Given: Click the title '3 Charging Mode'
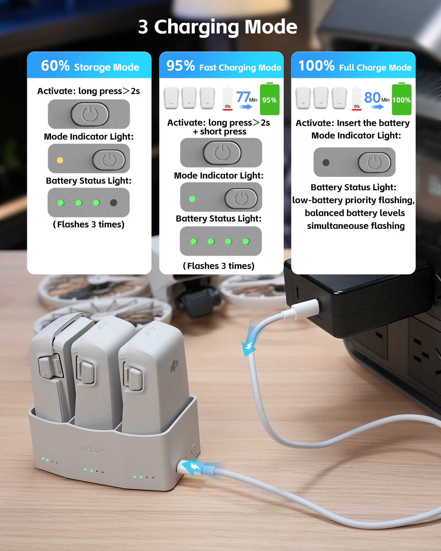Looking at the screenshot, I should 218,27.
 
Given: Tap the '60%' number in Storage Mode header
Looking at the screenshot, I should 55,66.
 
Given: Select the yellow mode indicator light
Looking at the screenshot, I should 60,160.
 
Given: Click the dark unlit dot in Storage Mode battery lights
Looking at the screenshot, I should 114,202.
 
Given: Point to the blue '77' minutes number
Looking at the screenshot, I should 243,97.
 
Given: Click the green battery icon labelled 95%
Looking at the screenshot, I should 269,100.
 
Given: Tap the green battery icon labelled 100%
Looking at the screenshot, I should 401,100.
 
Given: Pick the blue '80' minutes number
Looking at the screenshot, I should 372,97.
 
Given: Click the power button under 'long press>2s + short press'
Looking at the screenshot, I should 222,152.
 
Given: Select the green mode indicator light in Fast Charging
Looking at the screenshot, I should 192,199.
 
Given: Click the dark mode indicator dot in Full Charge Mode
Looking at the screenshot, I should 326,162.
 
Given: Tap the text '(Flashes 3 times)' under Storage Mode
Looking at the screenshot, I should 89,224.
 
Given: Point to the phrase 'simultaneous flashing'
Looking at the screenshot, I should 355,226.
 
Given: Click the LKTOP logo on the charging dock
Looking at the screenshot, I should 92,450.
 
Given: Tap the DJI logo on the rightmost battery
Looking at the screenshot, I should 174,366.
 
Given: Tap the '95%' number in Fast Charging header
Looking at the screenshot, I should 180,66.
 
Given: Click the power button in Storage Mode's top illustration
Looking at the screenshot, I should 89,114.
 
